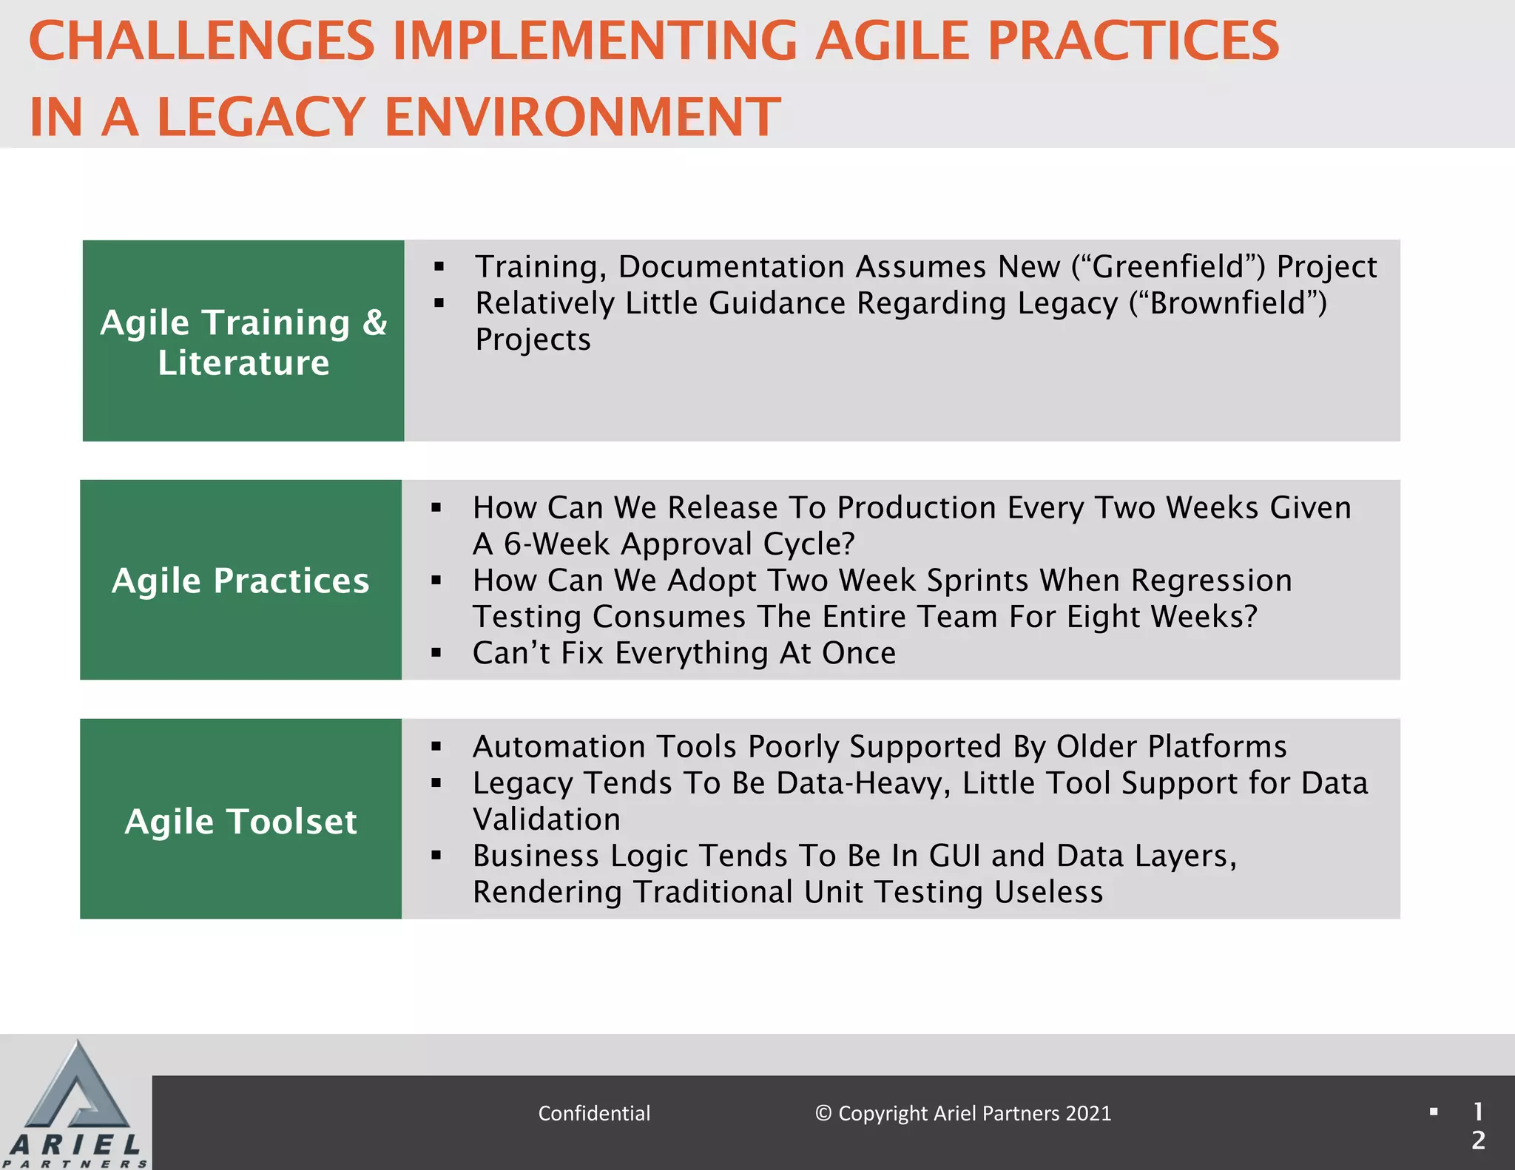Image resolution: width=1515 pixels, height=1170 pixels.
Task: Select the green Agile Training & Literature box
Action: tap(243, 342)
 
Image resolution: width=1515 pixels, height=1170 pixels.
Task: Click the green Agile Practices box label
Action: tap(240, 581)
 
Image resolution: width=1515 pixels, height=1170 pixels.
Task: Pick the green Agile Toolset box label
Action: tap(240, 821)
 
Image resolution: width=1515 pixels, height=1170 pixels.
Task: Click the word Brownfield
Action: tap(1228, 303)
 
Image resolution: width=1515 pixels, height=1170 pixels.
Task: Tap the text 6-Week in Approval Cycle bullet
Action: tap(556, 544)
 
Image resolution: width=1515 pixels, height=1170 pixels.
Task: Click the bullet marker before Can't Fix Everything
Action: tap(436, 653)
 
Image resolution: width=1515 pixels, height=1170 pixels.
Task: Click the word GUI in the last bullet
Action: tap(954, 856)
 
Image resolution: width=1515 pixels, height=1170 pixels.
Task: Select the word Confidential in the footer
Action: tap(594, 1114)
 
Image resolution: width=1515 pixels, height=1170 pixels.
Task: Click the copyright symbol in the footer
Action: tap(823, 1114)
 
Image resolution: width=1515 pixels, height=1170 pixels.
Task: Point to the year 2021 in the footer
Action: tap(1088, 1114)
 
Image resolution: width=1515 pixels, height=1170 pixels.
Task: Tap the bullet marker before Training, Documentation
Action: tap(439, 267)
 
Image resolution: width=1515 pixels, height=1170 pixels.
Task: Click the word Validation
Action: tap(547, 819)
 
